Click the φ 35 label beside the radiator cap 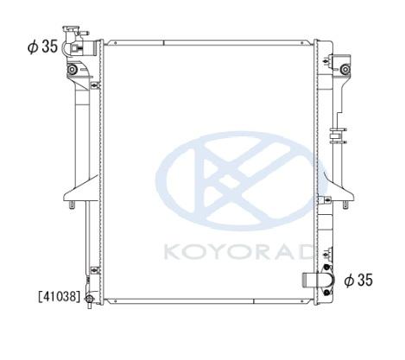click(42, 47)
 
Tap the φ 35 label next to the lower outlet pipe click(358, 280)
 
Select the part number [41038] click(60, 296)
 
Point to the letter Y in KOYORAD click(220, 252)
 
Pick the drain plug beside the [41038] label click(90, 300)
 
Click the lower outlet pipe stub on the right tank click(310, 280)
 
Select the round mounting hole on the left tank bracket click(72, 69)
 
